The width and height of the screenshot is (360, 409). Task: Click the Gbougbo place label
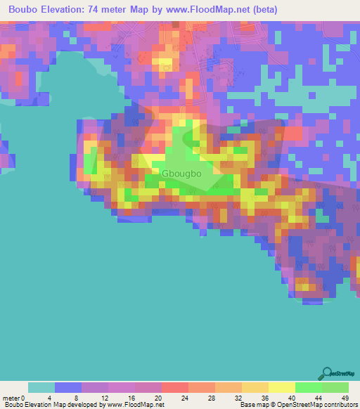click(184, 173)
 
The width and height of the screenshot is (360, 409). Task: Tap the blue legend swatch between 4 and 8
click(68, 387)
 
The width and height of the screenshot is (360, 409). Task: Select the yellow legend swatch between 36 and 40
click(282, 387)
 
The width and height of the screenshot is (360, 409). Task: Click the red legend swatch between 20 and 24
click(175, 387)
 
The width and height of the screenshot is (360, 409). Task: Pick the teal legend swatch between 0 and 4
click(41, 387)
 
